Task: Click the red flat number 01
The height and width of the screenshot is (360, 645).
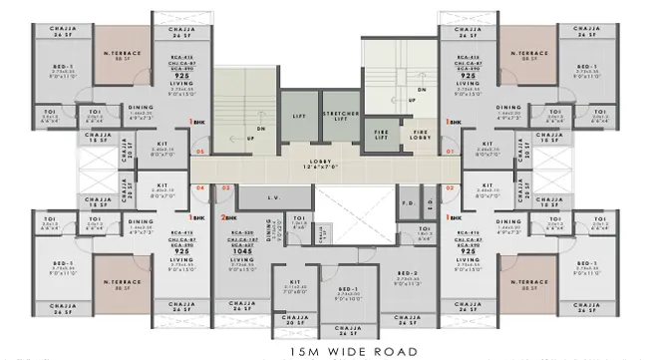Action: tap(450, 152)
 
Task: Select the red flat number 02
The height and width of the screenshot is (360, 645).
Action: tap(450, 186)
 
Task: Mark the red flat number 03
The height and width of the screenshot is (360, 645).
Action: tap(226, 186)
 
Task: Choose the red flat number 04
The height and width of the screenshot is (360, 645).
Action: tap(199, 186)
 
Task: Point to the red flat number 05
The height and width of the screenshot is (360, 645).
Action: tap(199, 152)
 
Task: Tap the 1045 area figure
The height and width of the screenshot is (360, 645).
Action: tap(245, 250)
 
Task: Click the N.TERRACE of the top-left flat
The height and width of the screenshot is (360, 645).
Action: tap(123, 56)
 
